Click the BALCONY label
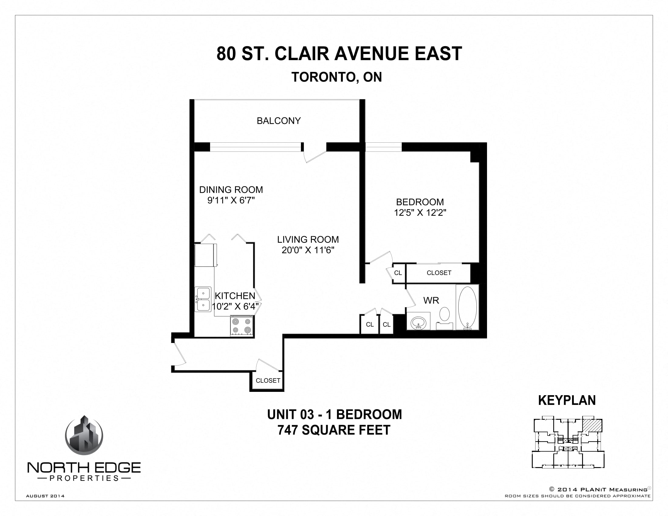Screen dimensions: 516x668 278,121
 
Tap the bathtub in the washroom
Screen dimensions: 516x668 467,307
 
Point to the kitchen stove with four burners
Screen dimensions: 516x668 242,326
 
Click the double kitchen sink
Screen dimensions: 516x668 203,299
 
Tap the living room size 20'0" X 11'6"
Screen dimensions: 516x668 308,250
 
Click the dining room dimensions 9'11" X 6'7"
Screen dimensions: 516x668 231,201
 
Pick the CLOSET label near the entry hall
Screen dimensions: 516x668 268,381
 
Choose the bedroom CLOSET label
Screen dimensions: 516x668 439,273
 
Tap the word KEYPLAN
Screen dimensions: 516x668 567,400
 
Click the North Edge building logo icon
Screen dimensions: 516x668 84,436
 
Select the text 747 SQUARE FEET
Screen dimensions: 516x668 334,430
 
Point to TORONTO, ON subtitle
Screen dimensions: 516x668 336,77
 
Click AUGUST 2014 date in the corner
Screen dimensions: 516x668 45,496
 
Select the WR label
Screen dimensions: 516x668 431,300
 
